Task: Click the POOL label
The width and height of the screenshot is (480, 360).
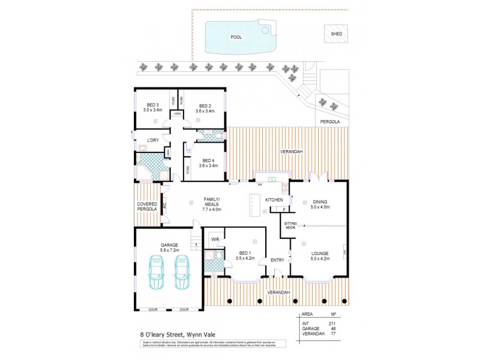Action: pos(236,37)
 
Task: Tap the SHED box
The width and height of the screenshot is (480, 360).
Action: pos(336,34)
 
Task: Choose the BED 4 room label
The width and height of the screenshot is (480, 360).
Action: pos(208,163)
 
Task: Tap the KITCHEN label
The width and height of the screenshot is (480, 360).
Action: pos(274,199)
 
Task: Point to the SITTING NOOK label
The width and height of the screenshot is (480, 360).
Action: pos(290,225)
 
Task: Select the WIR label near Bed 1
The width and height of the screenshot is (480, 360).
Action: pos(215,240)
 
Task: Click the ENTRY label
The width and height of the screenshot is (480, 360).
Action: pos(277,260)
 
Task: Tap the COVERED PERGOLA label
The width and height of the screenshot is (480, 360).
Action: pos(146,206)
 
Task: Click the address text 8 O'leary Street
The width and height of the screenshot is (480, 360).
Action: pos(173,335)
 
